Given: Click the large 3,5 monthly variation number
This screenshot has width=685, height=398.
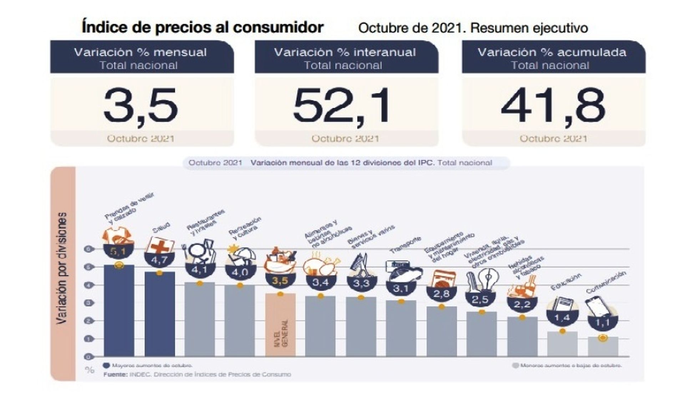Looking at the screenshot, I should (140, 105).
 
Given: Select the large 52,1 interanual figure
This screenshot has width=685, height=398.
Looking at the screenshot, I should (341, 105).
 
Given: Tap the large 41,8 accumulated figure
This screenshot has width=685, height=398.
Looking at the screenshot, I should (553, 105).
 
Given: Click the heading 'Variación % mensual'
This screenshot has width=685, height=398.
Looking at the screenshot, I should (140, 52).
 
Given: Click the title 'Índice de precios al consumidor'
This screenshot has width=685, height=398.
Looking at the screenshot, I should (203, 27).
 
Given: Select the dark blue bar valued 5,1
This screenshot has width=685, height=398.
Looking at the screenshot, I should (119, 310).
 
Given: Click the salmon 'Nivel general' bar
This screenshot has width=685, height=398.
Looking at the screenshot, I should (280, 324).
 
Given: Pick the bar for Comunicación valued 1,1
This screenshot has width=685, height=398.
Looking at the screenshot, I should (603, 346).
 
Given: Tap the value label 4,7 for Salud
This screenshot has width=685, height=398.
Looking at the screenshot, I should (159, 260).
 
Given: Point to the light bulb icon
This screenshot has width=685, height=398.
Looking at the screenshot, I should (488, 277).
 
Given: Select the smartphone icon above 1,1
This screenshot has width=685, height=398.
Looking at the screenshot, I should (595, 306).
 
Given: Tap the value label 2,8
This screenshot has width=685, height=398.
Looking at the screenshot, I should (441, 294).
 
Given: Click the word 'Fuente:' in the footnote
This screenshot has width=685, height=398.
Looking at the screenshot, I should (115, 374).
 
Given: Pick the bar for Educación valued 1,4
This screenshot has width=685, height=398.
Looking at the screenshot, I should (563, 343).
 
